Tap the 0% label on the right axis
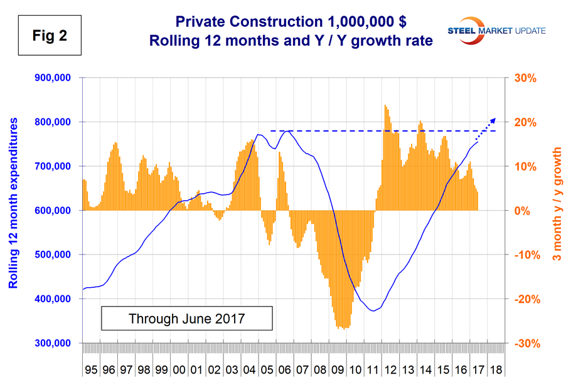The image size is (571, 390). pyautogui.click(x=523, y=211)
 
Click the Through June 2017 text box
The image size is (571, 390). pyautogui.click(x=186, y=318)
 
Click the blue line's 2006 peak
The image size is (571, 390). pyautogui.click(x=287, y=130)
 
